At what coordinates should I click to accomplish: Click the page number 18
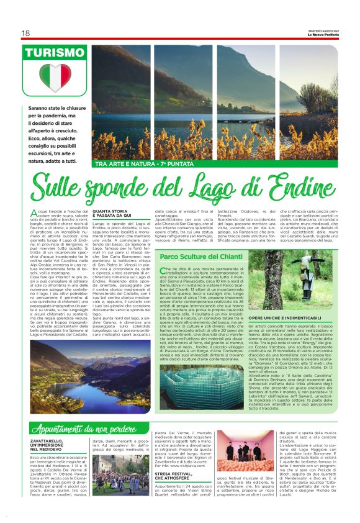pos(25,33)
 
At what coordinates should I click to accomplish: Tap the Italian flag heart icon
pos(55,78)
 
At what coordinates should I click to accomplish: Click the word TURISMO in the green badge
pos(55,53)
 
